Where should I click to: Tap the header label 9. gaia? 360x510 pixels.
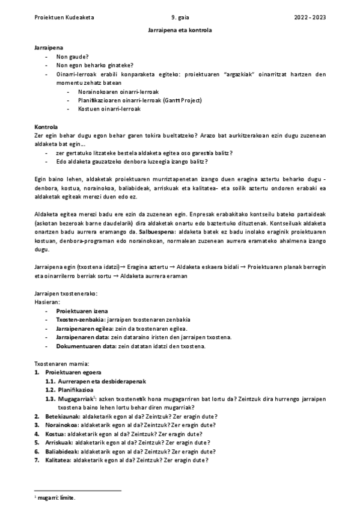180,17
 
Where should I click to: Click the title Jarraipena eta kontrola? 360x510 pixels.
180,29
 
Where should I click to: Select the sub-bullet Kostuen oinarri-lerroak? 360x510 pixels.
109,109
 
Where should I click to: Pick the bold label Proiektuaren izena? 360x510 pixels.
82,311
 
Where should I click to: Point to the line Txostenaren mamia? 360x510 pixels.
62,364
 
